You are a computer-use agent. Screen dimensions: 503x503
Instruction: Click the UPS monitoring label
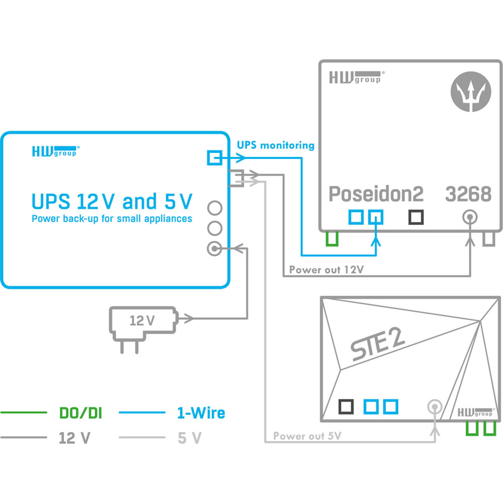pos(275,145)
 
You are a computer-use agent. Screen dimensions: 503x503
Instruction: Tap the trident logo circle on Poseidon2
pos(471,92)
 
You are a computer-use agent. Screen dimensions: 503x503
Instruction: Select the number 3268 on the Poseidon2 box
pos(468,194)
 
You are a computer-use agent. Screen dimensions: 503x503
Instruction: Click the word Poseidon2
pos(376,194)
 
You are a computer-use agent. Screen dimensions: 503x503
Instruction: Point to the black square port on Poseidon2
pos(416,217)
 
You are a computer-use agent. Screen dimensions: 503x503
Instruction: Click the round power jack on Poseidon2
pos(470,217)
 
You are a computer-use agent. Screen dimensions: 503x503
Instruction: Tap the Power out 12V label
pos(326,270)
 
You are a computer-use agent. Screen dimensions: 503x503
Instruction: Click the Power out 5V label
pos(307,436)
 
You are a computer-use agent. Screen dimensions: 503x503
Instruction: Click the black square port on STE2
pos(346,407)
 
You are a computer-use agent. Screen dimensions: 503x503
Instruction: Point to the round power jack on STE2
pos(435,407)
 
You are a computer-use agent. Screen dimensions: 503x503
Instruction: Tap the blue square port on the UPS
pos(215,158)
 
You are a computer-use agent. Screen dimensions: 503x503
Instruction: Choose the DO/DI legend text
pos(80,413)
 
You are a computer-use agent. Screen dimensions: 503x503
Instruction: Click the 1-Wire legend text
pos(201,413)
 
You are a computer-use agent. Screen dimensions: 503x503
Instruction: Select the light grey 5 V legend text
pos(189,438)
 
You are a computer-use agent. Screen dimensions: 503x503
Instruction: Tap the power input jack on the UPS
pos(215,249)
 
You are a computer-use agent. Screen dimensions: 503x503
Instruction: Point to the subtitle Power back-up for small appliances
pos(112,219)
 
